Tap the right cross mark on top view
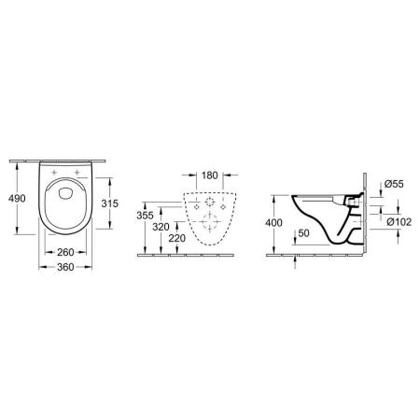pyautogui.click(x=77, y=174)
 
